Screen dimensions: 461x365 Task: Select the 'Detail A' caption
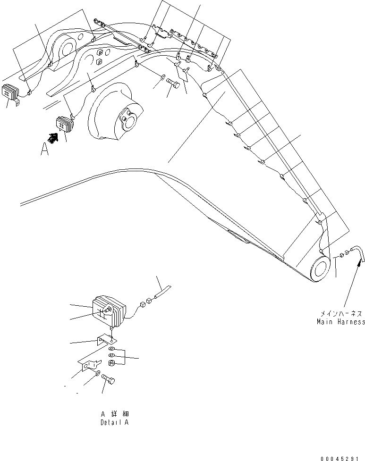click(x=114, y=422)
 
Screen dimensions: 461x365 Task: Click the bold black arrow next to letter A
click(x=53, y=138)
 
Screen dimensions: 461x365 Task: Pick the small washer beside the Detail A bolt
click(x=97, y=373)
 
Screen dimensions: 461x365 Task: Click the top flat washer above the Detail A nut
click(x=111, y=348)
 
